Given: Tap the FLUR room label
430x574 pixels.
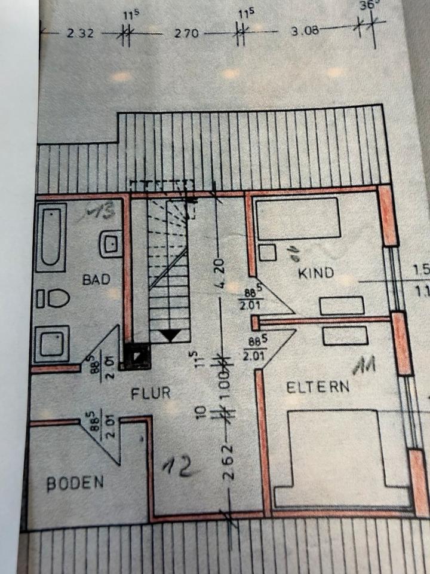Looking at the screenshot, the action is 151,393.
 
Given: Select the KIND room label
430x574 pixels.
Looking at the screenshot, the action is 315,274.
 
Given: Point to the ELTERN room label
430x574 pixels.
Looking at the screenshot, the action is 318,386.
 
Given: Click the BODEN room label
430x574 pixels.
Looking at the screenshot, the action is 75,483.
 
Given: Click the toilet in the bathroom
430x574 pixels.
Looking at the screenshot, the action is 53,298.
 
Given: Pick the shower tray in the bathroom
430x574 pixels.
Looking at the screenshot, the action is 52,344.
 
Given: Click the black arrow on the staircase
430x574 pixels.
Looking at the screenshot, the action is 170,335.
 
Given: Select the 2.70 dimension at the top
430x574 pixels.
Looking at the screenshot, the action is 186,34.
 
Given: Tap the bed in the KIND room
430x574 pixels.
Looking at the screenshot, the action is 297,219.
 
